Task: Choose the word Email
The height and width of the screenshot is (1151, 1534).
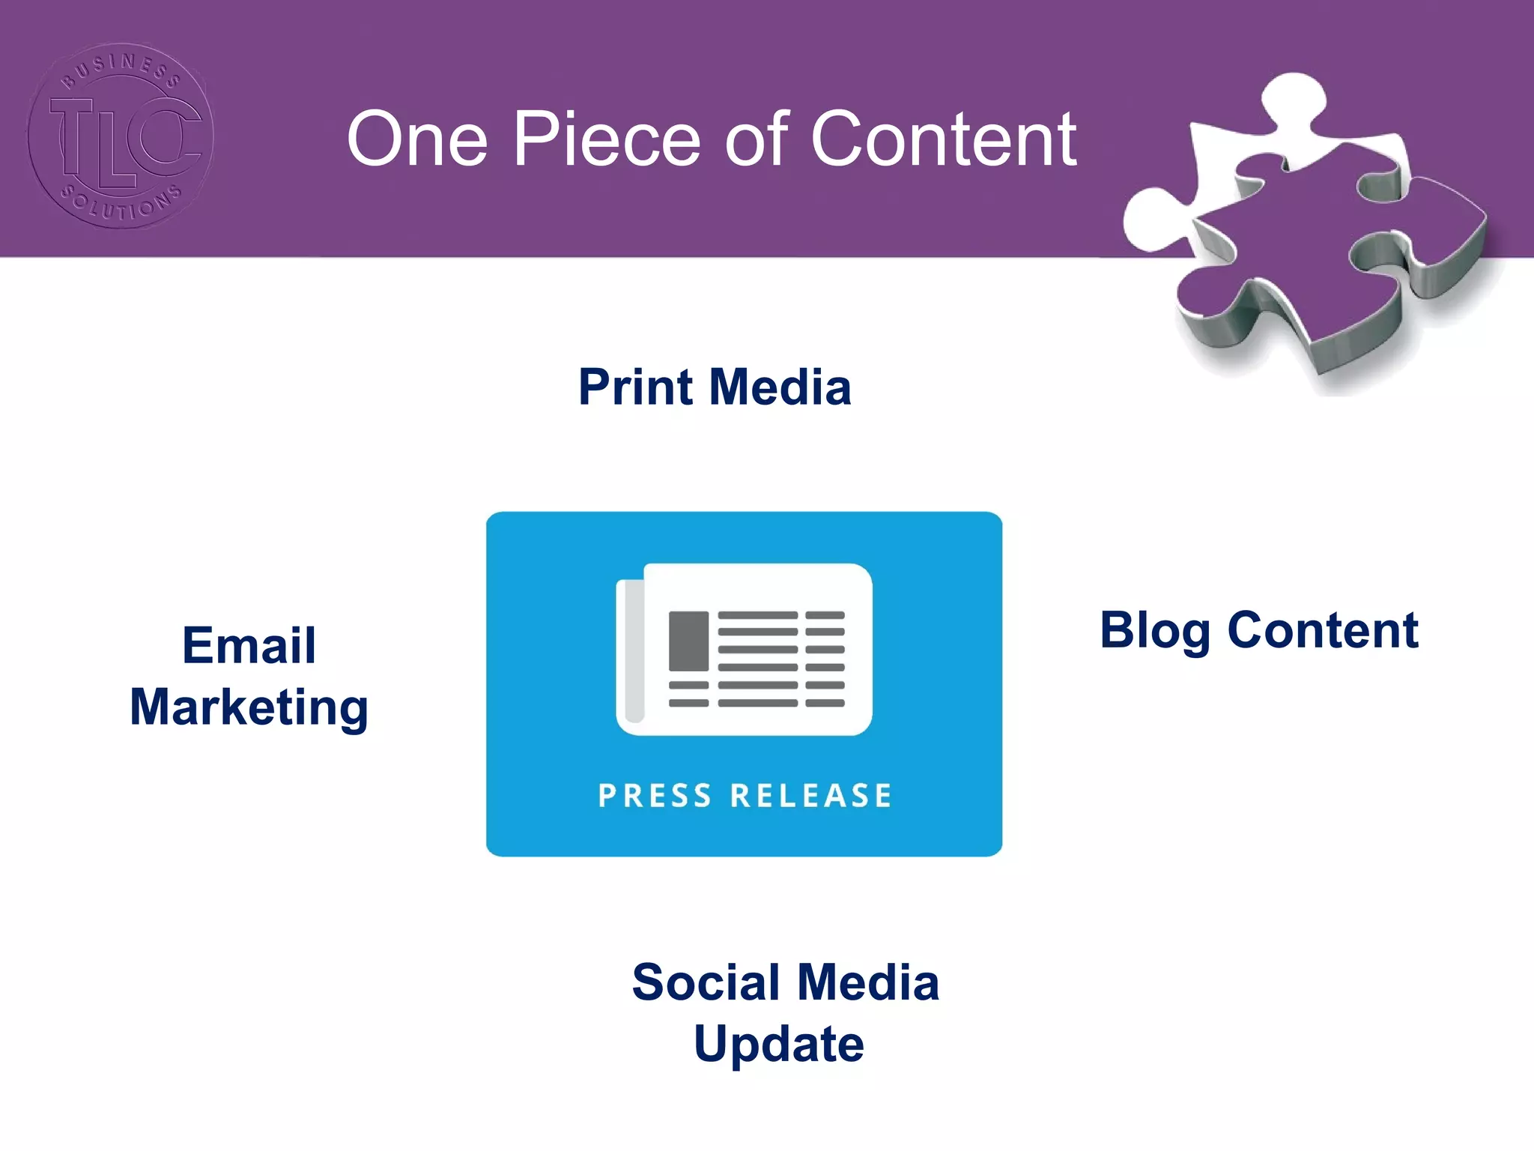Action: pos(249,645)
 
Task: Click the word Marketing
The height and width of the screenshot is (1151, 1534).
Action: pos(249,707)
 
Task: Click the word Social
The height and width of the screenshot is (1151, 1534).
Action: pos(707,982)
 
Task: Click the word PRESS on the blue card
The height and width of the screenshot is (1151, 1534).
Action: pos(655,796)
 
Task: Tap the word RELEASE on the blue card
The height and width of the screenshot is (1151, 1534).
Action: pos(811,796)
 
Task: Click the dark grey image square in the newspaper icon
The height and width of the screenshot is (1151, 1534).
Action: pos(688,641)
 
